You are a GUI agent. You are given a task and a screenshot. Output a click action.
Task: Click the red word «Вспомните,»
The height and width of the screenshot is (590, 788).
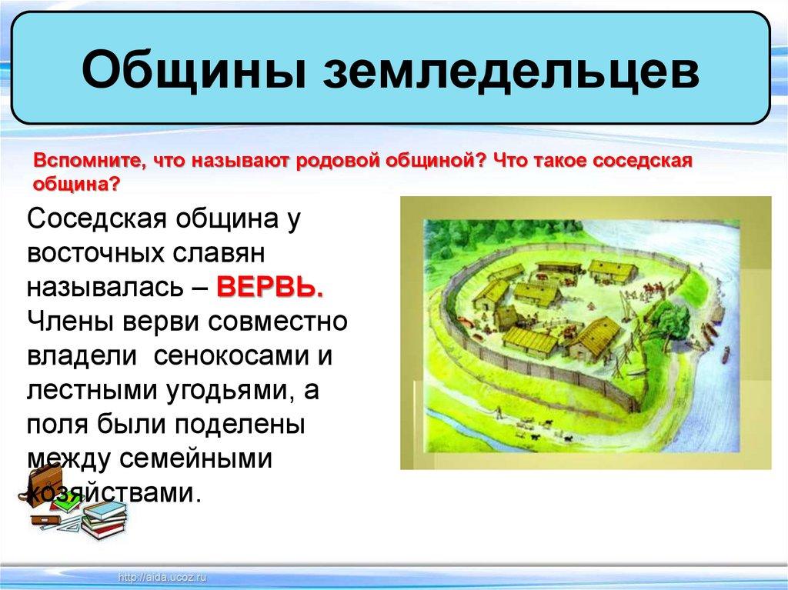[x=92, y=162]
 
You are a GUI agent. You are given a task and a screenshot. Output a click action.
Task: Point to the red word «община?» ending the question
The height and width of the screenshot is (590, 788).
[x=77, y=185]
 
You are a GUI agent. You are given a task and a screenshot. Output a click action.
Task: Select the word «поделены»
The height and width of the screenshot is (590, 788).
[x=240, y=425]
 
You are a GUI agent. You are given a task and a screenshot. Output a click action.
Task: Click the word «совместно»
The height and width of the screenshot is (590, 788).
[x=277, y=322]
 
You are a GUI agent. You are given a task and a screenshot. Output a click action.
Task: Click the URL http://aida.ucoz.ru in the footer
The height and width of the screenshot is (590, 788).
[x=162, y=578]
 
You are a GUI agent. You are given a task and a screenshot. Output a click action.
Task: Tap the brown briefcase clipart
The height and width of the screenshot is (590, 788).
[x=44, y=485]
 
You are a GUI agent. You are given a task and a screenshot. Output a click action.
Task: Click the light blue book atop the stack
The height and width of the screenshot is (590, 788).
[x=105, y=509]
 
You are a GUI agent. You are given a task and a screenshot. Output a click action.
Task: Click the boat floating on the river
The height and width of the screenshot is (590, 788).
[x=725, y=355]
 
